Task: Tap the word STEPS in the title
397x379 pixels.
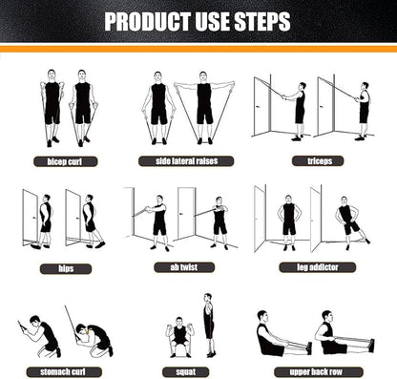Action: [264, 21]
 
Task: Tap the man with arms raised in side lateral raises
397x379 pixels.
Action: [203, 106]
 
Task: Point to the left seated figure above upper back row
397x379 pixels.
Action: [271, 337]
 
